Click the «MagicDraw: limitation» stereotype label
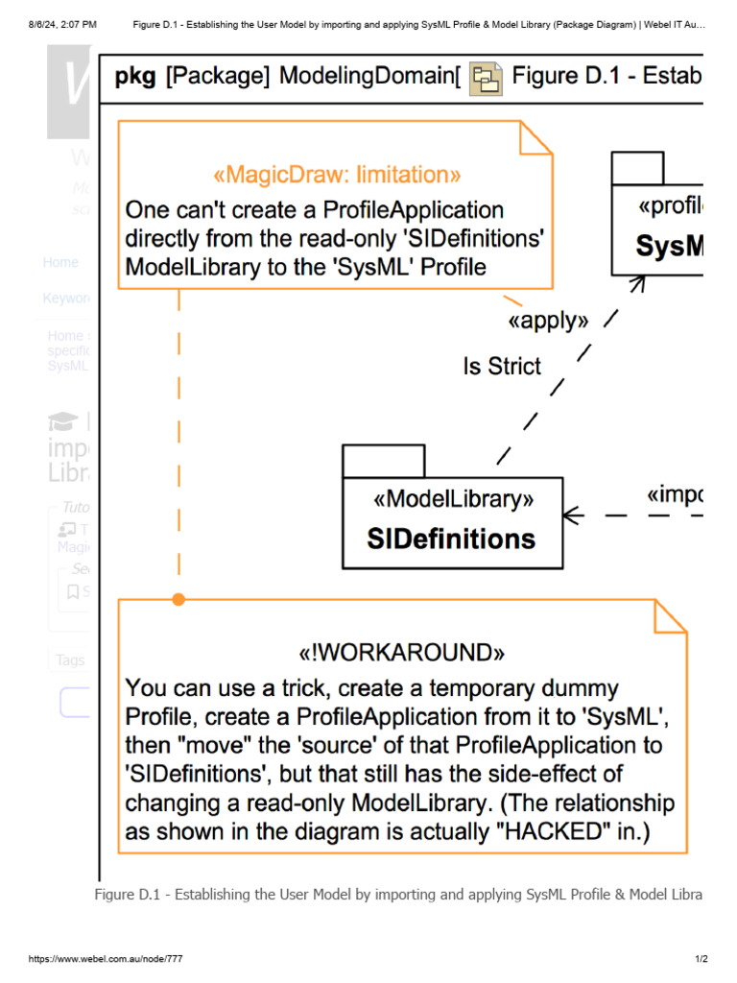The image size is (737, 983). tap(336, 175)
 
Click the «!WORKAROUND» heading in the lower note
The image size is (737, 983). tap(402, 653)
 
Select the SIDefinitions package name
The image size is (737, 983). tap(451, 539)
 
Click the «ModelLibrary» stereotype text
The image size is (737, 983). tap(452, 499)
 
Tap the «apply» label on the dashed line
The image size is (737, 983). tap(548, 321)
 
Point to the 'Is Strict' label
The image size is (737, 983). tap(502, 366)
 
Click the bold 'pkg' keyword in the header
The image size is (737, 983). tap(135, 77)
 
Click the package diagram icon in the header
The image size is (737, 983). tap(486, 78)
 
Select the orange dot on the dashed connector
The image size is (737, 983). tap(178, 599)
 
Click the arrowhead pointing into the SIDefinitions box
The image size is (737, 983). tap(573, 515)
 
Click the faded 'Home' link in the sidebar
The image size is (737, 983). tap(60, 262)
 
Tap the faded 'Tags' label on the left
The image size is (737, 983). tap(70, 659)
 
